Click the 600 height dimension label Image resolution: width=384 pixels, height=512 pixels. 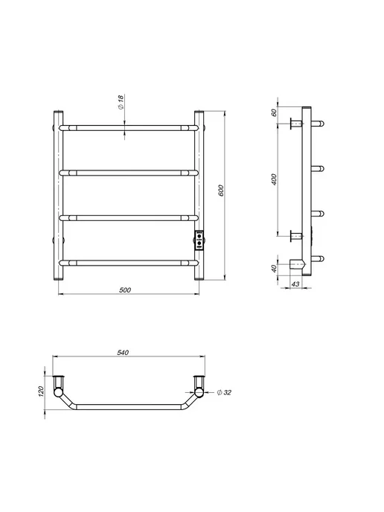221,191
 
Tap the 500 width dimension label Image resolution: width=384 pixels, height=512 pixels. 125,290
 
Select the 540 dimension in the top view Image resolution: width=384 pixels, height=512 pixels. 123,352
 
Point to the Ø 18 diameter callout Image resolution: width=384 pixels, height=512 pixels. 121,102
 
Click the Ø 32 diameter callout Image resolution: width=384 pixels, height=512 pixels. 224,392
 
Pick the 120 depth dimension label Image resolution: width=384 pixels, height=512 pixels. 41,391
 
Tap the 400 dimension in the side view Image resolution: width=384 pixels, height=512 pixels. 274,179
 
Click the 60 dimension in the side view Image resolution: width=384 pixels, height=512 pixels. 274,112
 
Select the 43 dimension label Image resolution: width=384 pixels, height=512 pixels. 295,284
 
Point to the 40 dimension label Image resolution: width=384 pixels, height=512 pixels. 274,269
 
